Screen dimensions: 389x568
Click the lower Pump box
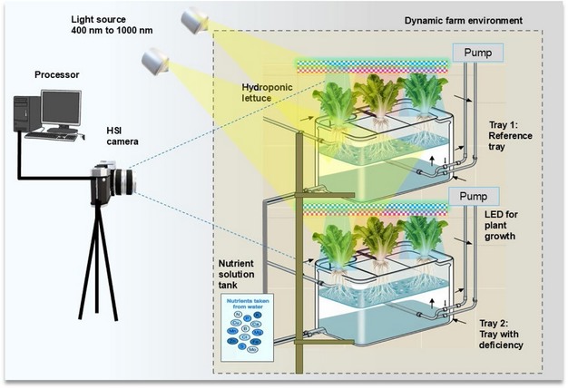[475, 196]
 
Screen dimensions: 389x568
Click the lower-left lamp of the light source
[156, 63]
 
